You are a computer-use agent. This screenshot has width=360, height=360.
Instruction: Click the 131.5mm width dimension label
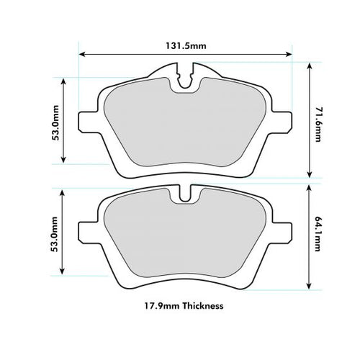pos(186,45)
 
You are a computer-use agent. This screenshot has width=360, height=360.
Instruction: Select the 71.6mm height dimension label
pos(318,120)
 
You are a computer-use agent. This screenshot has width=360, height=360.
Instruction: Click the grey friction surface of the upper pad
pos(186,130)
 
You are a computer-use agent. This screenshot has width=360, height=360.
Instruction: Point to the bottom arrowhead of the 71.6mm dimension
pos(310,175)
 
